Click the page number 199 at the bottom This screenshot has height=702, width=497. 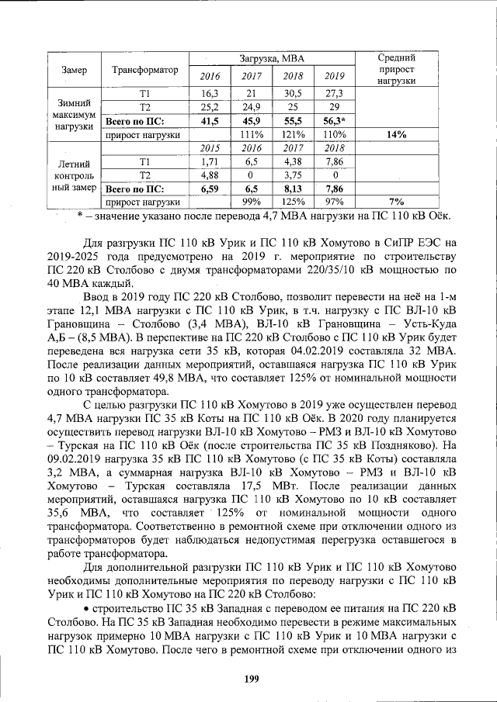[250, 679]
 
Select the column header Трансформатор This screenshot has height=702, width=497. [145, 70]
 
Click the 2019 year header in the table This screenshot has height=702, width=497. [334, 76]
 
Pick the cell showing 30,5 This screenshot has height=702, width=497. [293, 93]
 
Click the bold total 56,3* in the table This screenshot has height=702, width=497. [334, 121]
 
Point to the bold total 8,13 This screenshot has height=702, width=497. [293, 188]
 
